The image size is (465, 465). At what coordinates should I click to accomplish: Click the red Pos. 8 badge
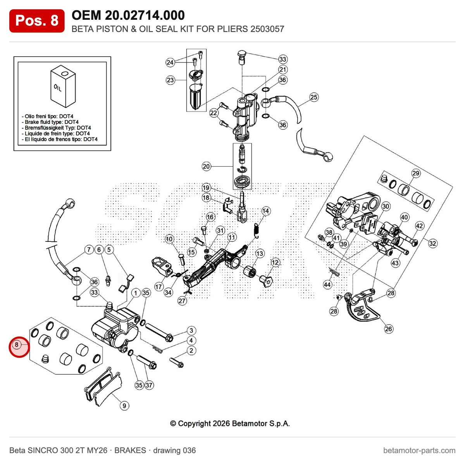tap(37, 21)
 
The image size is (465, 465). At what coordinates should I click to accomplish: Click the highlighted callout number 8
tap(17, 344)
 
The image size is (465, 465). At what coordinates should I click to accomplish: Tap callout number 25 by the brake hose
tap(313, 97)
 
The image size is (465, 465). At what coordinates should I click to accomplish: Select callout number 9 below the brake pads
tap(124, 406)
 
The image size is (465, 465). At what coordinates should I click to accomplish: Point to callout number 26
tap(388, 329)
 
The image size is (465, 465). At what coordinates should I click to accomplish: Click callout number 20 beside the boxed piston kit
tap(206, 166)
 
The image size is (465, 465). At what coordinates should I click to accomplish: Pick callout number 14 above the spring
tap(265, 211)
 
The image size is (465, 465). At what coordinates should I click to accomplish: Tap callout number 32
tap(432, 243)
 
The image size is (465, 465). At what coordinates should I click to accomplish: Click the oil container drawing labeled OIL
tap(63, 86)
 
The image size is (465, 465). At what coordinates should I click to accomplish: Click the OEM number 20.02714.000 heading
tap(128, 15)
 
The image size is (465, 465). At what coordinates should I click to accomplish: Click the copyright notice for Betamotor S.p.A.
tap(230, 424)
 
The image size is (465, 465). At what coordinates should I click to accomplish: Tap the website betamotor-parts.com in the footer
tap(419, 450)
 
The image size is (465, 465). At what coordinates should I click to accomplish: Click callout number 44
tap(327, 285)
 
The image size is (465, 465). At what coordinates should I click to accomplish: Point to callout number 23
tap(170, 80)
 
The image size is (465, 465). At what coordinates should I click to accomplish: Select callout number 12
tap(275, 262)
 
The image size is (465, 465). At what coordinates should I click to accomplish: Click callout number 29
tap(415, 173)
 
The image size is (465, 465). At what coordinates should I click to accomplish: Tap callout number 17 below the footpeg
tap(158, 287)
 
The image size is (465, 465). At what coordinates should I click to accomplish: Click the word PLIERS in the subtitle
tap(232, 29)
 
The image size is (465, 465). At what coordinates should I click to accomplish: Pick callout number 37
tap(149, 385)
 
